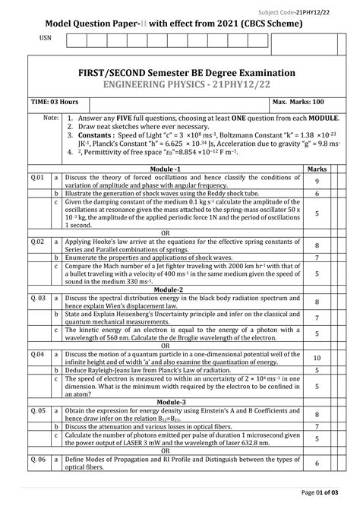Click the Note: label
click(51, 119)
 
